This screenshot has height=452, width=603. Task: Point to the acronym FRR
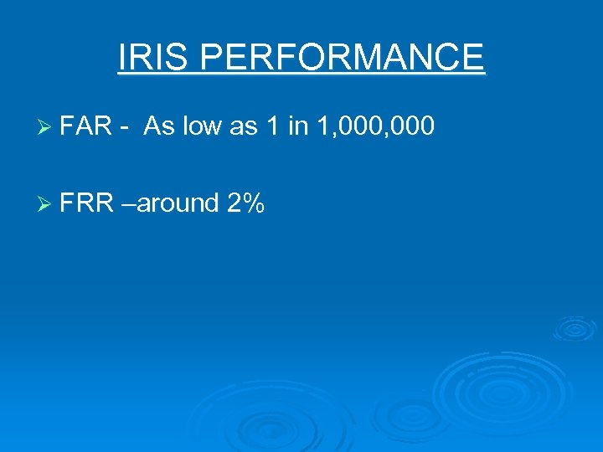(x=87, y=202)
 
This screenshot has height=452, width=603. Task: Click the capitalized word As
(x=158, y=126)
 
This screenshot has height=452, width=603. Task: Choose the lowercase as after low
(x=243, y=126)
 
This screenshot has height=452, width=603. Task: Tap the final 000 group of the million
(x=413, y=126)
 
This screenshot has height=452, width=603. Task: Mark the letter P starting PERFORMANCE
(x=212, y=58)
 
